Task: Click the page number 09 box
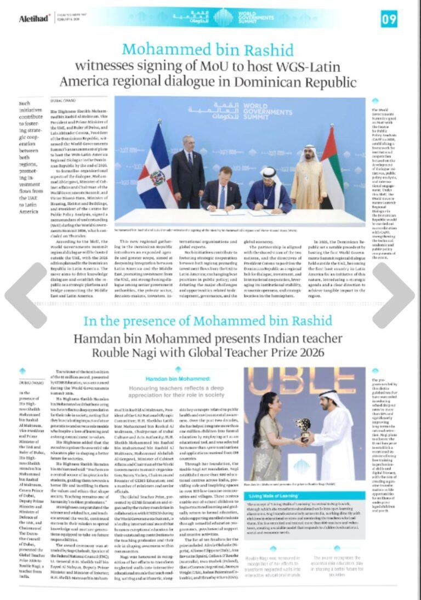(x=389, y=19)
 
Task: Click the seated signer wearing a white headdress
(x=268, y=191)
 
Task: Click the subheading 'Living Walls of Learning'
(x=276, y=496)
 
